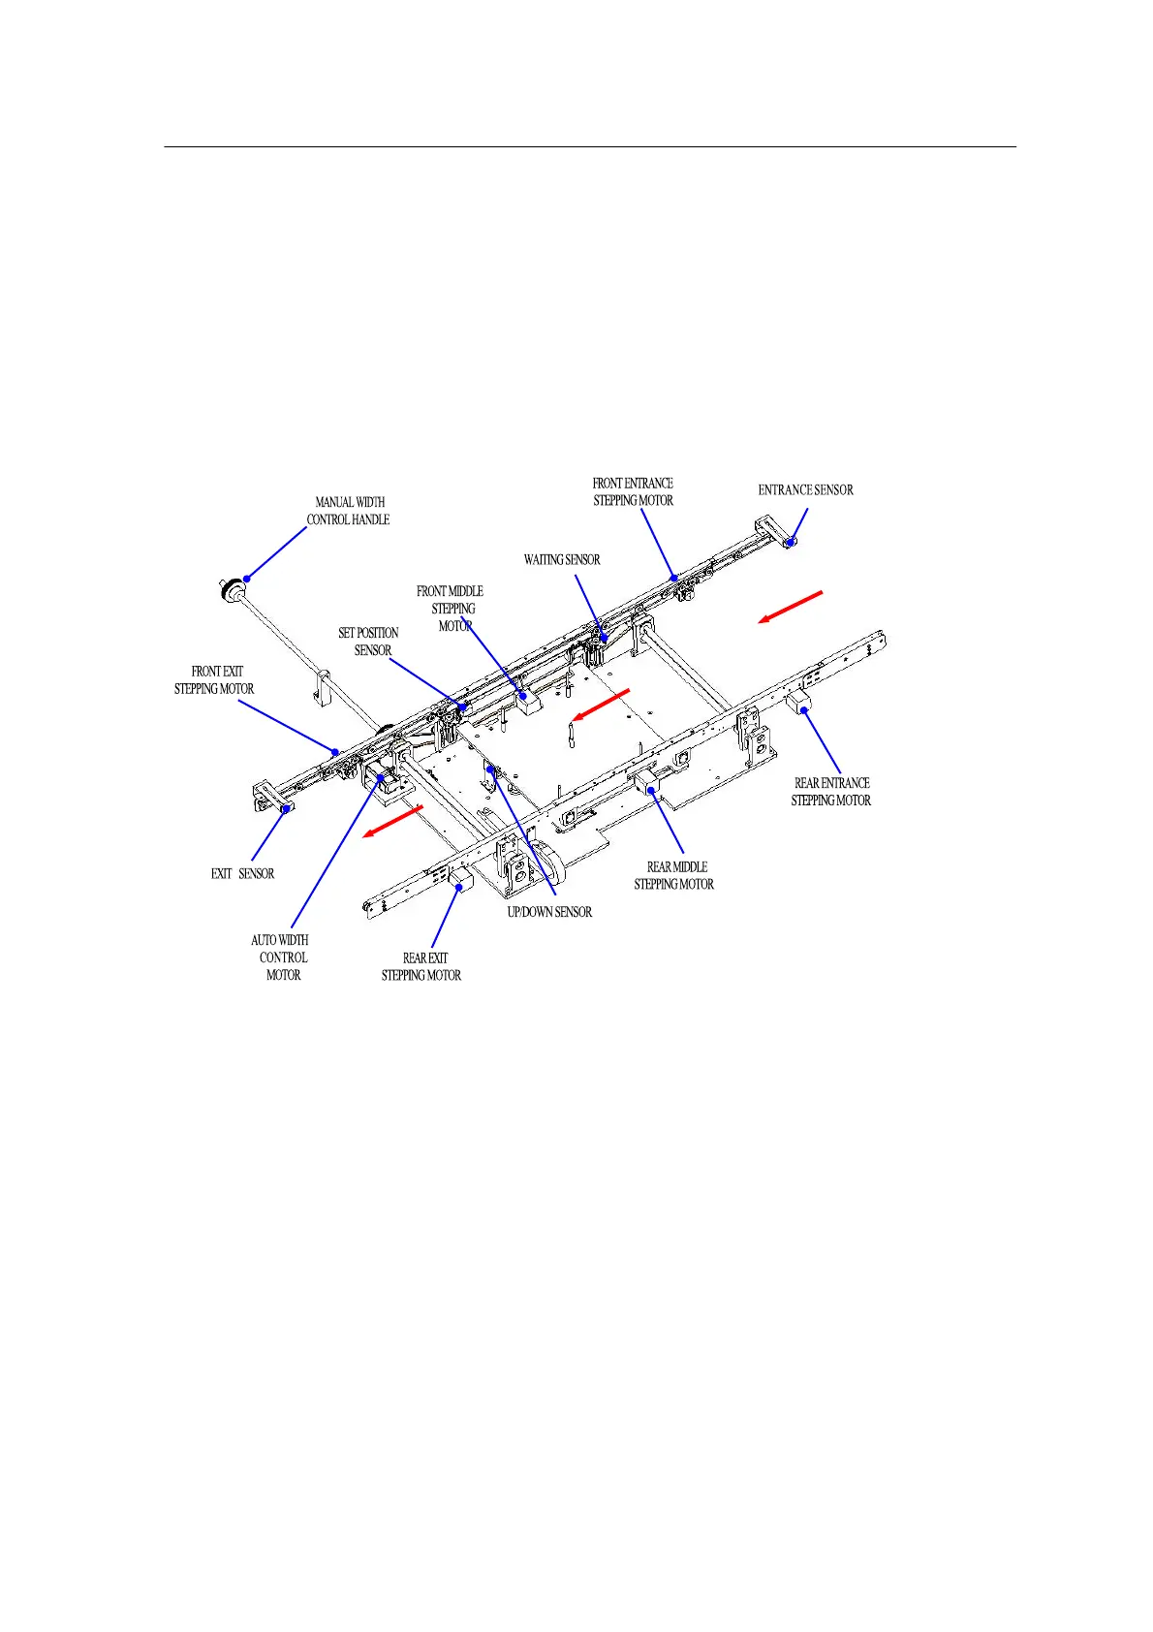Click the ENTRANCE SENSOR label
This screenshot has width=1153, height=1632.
point(805,490)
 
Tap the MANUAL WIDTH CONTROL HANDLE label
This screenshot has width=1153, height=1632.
point(349,511)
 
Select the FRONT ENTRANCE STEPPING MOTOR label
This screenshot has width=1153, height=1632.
point(633,491)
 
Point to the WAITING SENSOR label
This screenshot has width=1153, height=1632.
point(562,560)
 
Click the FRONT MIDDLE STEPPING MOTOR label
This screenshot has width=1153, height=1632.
point(451,609)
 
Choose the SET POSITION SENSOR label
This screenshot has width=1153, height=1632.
point(369,642)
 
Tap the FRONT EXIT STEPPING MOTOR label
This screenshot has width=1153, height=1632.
point(214,680)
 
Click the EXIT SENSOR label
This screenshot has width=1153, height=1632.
point(242,874)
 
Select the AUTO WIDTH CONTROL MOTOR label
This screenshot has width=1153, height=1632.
point(281,957)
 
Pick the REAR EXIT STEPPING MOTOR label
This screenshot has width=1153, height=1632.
point(421,967)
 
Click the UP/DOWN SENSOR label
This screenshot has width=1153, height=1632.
point(549,913)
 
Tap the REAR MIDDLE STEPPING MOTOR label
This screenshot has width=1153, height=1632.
point(674,876)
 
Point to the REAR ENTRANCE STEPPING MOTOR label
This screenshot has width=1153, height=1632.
point(831,792)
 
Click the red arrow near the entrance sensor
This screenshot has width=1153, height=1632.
point(791,607)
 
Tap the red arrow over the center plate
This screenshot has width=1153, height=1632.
point(601,704)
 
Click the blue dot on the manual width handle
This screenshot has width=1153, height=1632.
point(247,579)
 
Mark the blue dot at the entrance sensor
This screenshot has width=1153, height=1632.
point(791,542)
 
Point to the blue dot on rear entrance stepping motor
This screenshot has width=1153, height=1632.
point(804,710)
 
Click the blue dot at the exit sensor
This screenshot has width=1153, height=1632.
point(286,808)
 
